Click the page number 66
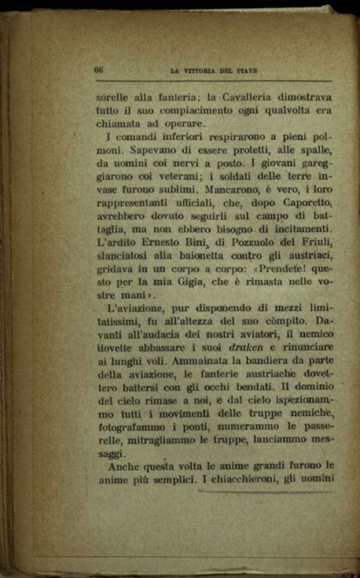click(x=98, y=70)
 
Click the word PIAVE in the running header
click(x=245, y=71)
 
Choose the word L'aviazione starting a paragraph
click(x=133, y=309)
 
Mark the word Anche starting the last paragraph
click(x=124, y=466)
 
